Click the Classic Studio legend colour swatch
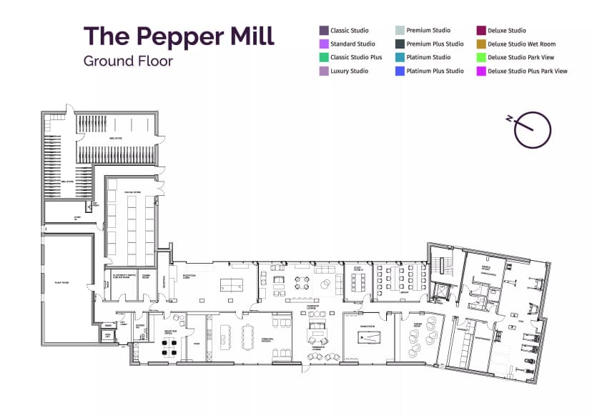324,31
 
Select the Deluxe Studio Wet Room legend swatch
481,44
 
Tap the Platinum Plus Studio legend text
435,71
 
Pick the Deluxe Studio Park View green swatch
481,58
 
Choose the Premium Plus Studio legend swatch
400,44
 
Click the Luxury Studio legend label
349,71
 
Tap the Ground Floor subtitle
128,61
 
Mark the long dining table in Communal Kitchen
250,336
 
